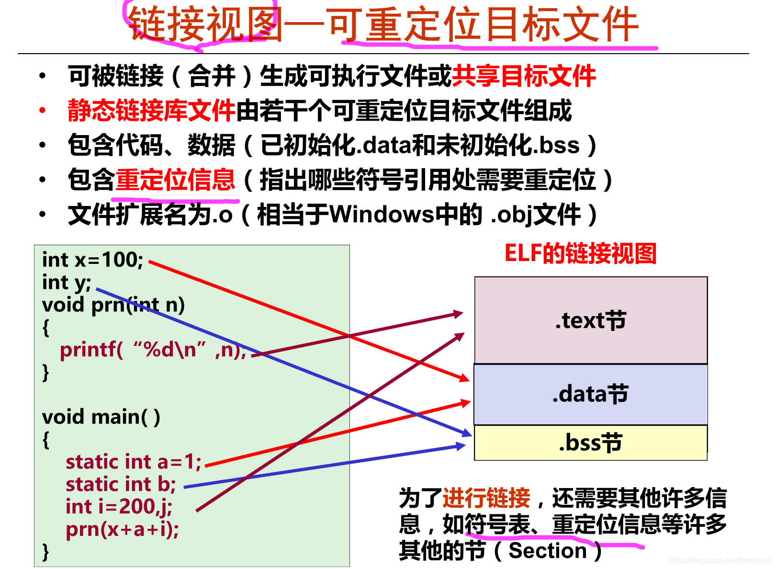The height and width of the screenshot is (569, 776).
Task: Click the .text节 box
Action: (x=590, y=320)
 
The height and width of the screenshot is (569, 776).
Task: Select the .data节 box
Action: (x=590, y=394)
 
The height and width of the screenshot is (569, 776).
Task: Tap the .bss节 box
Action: (x=590, y=443)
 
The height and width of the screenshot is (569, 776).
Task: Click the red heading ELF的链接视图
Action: (x=580, y=253)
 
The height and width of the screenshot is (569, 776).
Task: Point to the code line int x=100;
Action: (x=92, y=260)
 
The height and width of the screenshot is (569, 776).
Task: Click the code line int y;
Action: (x=66, y=283)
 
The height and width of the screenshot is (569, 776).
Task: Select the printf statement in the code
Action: (x=152, y=350)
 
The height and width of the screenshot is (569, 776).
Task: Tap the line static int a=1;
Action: (x=133, y=462)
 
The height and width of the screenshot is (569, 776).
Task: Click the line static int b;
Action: (x=121, y=484)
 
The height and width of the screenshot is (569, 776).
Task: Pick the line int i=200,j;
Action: (x=119, y=507)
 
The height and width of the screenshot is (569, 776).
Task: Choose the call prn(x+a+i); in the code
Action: (x=122, y=529)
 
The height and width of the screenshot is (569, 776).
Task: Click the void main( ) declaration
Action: (x=101, y=417)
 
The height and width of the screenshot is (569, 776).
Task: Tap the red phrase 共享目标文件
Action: (x=524, y=76)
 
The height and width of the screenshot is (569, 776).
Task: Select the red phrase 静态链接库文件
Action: (x=151, y=111)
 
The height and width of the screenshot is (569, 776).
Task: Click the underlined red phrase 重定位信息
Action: (x=175, y=180)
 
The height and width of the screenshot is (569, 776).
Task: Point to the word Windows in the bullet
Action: (x=382, y=214)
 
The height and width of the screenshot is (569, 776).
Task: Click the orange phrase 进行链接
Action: (x=486, y=498)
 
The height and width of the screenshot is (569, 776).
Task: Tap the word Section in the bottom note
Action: (x=547, y=551)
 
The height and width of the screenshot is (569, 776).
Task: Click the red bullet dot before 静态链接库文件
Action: (x=43, y=111)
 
